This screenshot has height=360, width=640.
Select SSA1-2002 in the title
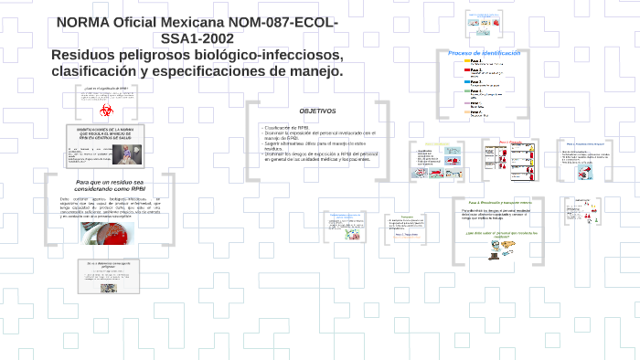click(x=197, y=38)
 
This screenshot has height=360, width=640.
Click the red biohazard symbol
click(x=107, y=111)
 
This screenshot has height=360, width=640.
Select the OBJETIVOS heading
click(x=316, y=111)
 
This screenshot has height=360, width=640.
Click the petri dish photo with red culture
click(x=108, y=235)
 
